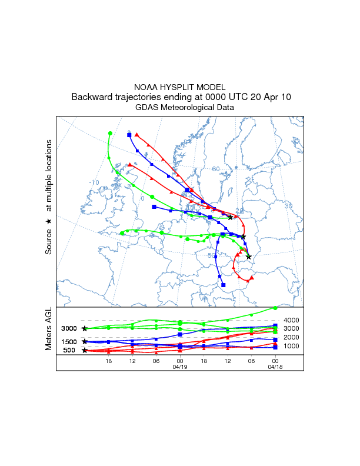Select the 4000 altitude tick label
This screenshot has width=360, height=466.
click(292, 320)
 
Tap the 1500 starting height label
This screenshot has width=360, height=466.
click(69, 342)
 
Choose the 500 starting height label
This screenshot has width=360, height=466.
click(69, 351)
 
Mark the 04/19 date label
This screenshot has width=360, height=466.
click(179, 366)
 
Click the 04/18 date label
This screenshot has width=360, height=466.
click(275, 366)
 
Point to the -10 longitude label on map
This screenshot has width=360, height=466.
click(94, 182)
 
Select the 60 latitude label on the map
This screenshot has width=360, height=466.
click(216, 169)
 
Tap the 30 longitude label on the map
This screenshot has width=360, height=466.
click(288, 206)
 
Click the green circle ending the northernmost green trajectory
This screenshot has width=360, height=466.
click(110, 134)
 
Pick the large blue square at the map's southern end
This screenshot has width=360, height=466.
click(224, 286)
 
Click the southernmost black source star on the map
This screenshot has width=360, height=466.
click(249, 257)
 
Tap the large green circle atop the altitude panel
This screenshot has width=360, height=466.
click(275, 308)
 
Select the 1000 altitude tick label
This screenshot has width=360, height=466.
click(292, 346)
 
